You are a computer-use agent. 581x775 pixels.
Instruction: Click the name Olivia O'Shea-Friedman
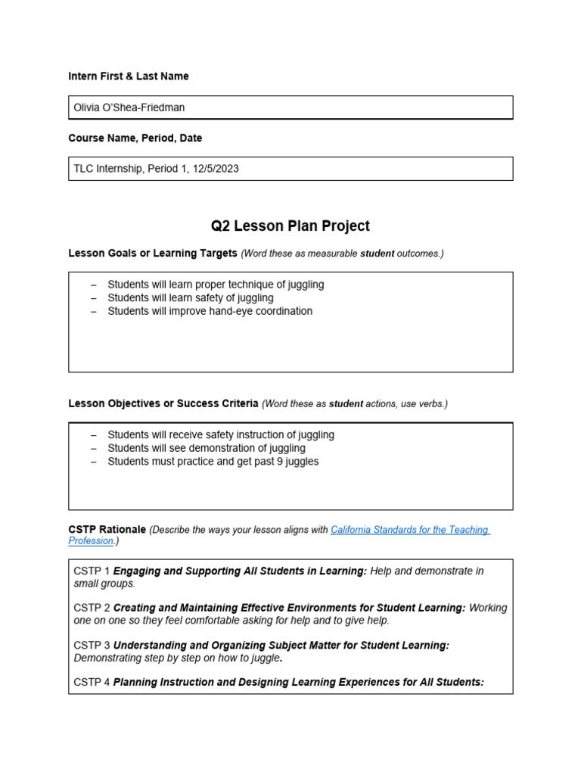tap(129, 107)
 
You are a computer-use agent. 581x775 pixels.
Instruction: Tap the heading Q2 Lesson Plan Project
tap(290, 226)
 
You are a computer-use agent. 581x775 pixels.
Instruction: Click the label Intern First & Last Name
tap(129, 76)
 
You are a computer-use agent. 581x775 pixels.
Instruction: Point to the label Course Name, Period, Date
tap(135, 139)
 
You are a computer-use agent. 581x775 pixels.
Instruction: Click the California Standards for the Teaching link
tap(410, 530)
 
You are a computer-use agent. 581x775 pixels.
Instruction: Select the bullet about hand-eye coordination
tap(210, 311)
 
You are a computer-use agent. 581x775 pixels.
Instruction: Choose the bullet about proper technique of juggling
tap(216, 285)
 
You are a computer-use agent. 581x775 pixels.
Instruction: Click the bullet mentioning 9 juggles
tap(213, 462)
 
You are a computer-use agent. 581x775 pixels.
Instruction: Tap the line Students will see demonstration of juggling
tap(207, 448)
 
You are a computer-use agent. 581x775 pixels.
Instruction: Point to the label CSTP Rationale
tap(107, 530)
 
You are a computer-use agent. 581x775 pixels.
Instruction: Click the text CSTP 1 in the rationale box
tap(92, 571)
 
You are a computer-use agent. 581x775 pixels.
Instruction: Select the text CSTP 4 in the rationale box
tap(92, 682)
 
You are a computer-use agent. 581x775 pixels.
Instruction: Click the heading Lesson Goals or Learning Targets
tap(153, 253)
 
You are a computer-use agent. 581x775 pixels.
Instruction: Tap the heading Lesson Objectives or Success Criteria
tap(163, 403)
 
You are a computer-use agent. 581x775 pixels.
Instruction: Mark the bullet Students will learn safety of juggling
tap(191, 298)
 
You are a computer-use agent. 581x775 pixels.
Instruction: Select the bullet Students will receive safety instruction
tap(221, 435)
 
